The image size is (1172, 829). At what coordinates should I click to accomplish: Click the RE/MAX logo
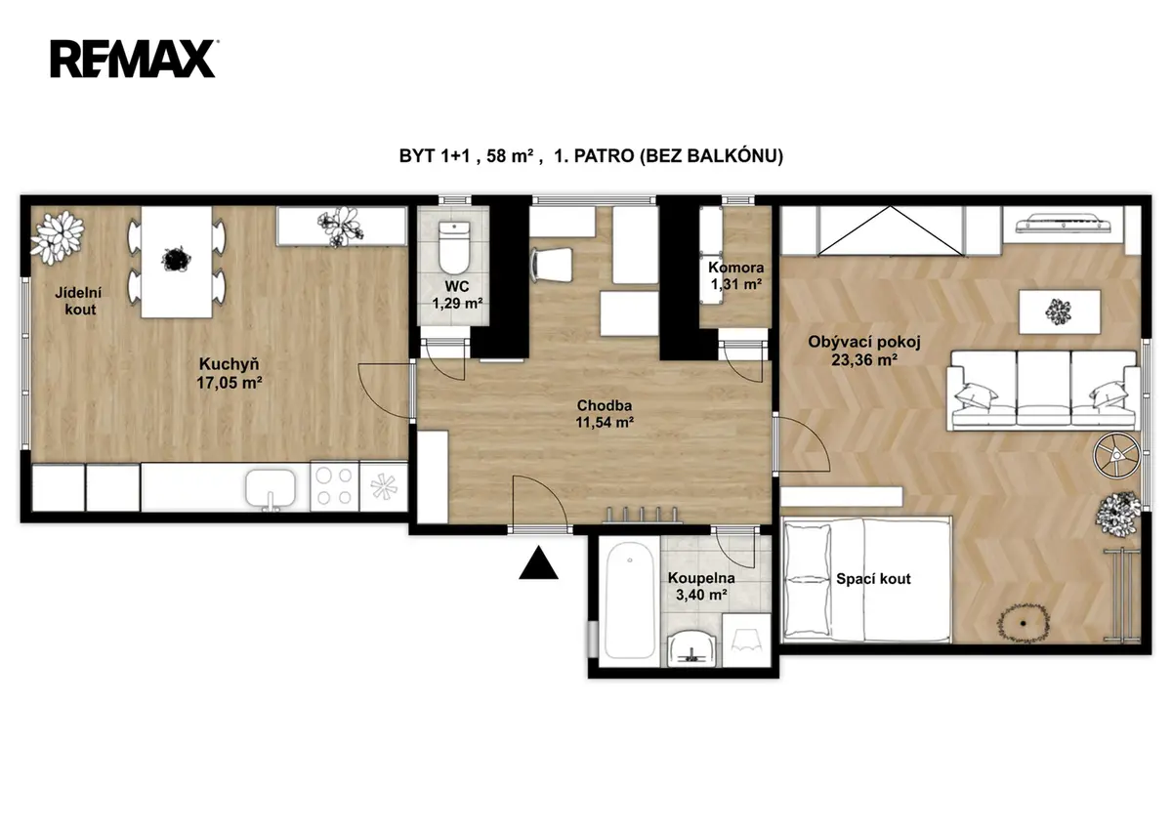(134, 59)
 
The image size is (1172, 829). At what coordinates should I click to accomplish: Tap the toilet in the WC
(453, 247)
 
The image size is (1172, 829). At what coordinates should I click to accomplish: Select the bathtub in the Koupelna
(629, 601)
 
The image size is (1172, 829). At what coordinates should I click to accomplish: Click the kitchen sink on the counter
(271, 488)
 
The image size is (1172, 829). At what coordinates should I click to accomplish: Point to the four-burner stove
(334, 486)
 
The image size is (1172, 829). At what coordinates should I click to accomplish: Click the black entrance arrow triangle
(538, 562)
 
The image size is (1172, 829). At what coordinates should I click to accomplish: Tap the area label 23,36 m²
(864, 360)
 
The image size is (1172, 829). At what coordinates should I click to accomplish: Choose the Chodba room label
(605, 405)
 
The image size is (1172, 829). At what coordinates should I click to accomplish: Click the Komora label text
(735, 268)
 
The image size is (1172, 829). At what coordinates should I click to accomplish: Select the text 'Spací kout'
(873, 579)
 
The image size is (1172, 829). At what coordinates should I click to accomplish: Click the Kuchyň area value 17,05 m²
(230, 383)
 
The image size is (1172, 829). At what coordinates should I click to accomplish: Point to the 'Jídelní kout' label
(79, 302)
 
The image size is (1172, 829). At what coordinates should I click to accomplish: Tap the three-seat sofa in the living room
(1043, 391)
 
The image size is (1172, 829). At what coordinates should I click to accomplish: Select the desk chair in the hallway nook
(552, 265)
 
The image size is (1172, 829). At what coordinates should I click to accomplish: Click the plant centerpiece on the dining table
(177, 260)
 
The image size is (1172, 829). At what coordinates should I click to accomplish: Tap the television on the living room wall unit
(1063, 223)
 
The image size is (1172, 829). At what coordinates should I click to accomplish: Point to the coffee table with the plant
(1059, 312)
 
